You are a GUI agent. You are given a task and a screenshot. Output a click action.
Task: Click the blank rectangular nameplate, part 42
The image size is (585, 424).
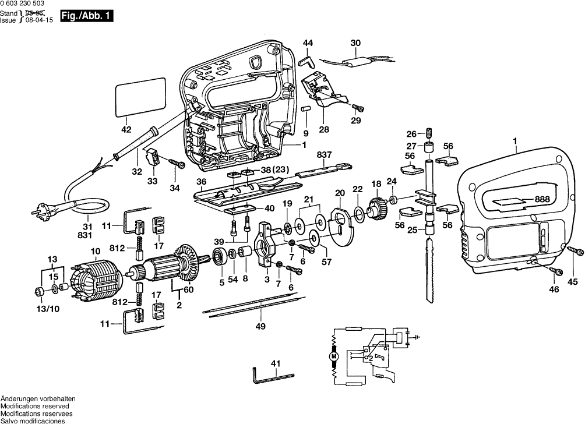(x=140, y=97)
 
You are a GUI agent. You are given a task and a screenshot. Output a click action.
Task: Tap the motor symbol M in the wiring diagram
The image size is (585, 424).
(x=334, y=356)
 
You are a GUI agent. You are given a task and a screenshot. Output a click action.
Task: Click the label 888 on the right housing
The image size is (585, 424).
(x=542, y=199)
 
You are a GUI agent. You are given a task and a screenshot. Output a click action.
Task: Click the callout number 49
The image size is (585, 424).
(x=261, y=326)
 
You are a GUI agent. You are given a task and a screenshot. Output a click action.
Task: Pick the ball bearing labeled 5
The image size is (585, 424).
(x=221, y=256)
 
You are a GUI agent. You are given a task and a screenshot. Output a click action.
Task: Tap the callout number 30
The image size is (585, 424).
(x=355, y=42)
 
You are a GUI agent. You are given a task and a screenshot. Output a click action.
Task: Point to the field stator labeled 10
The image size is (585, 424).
(x=96, y=279)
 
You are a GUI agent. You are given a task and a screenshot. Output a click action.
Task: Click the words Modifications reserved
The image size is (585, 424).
(x=34, y=405)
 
